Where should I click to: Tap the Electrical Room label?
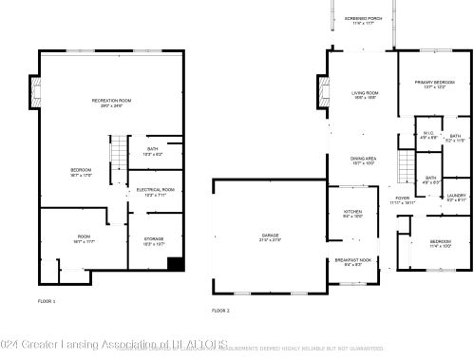tap(154, 192)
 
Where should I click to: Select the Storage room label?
tap(154, 240)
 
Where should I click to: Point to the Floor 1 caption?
tap(47, 301)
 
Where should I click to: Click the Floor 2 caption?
tap(220, 310)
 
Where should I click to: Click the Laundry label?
tap(457, 198)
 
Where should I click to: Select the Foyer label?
tap(404, 200)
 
